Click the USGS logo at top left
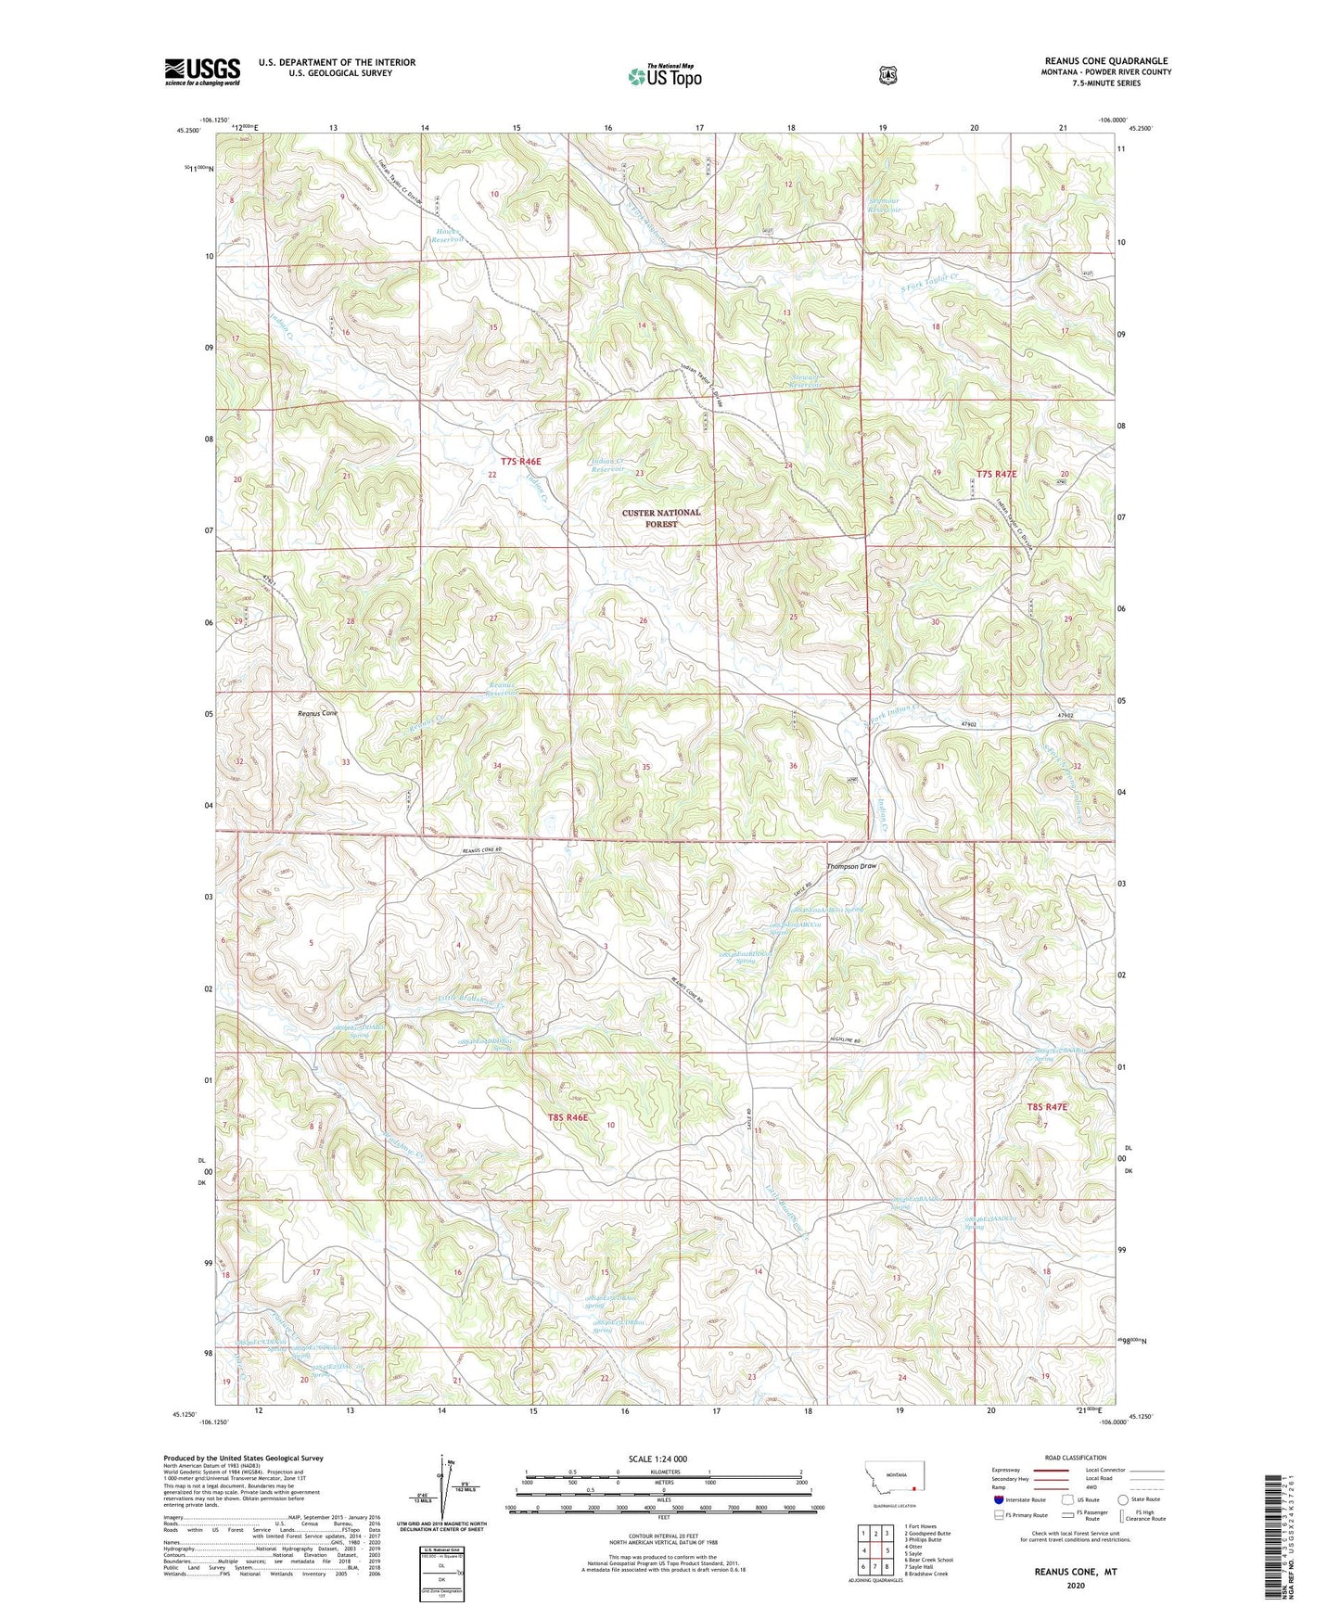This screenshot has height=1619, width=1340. pyautogui.click(x=202, y=70)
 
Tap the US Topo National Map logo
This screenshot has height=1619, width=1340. pyautogui.click(x=664, y=76)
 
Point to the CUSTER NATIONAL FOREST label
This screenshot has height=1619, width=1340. pyautogui.click(x=661, y=518)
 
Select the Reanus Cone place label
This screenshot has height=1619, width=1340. pyautogui.click(x=318, y=714)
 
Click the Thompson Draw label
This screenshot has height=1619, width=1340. pyautogui.click(x=851, y=866)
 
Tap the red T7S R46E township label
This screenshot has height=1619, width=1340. pyautogui.click(x=520, y=461)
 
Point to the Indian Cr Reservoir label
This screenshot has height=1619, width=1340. pyautogui.click(x=607, y=465)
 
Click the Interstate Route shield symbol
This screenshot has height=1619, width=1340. pyautogui.click(x=999, y=1499)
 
